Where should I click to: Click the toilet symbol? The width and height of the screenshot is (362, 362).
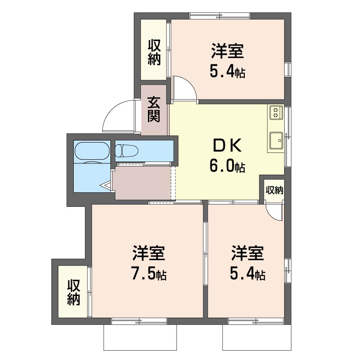127,151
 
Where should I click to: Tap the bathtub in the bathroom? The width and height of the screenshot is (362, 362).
92,151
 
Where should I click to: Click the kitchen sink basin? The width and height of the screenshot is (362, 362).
276,141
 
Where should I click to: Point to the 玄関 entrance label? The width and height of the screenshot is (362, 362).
154,109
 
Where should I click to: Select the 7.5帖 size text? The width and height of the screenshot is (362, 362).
149,273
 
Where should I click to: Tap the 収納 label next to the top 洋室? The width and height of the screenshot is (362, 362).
154,52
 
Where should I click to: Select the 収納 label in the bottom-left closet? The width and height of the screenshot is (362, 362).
74,292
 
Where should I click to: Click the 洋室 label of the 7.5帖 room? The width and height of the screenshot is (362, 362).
149,253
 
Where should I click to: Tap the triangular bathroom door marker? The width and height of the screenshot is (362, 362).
106,185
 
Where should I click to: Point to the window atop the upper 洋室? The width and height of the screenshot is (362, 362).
220,16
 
